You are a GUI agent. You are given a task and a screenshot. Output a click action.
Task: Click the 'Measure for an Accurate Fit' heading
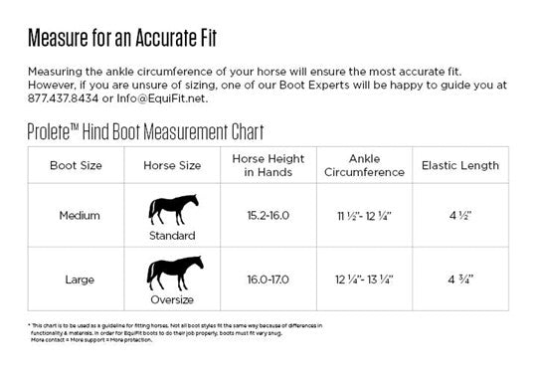click(x=122, y=39)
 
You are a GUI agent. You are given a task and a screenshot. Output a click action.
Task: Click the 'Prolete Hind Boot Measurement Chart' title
click(x=145, y=132)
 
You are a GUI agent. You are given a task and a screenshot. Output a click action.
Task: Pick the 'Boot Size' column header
click(x=76, y=164)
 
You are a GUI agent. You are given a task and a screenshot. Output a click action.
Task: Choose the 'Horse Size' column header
click(x=173, y=164)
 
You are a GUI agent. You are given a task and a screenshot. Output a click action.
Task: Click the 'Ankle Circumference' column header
click(x=365, y=164)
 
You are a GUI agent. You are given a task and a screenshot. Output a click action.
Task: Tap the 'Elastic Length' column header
click(x=461, y=164)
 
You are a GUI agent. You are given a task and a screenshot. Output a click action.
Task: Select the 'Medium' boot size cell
click(x=76, y=214)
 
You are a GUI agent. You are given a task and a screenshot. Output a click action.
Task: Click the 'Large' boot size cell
click(x=76, y=279)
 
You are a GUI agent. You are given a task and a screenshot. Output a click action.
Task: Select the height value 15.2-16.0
click(x=267, y=215)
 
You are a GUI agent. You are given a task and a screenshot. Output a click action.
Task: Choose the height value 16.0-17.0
click(x=267, y=279)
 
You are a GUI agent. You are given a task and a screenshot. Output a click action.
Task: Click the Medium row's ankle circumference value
click(x=365, y=215)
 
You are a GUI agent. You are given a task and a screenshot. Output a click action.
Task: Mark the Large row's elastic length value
click(x=461, y=279)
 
